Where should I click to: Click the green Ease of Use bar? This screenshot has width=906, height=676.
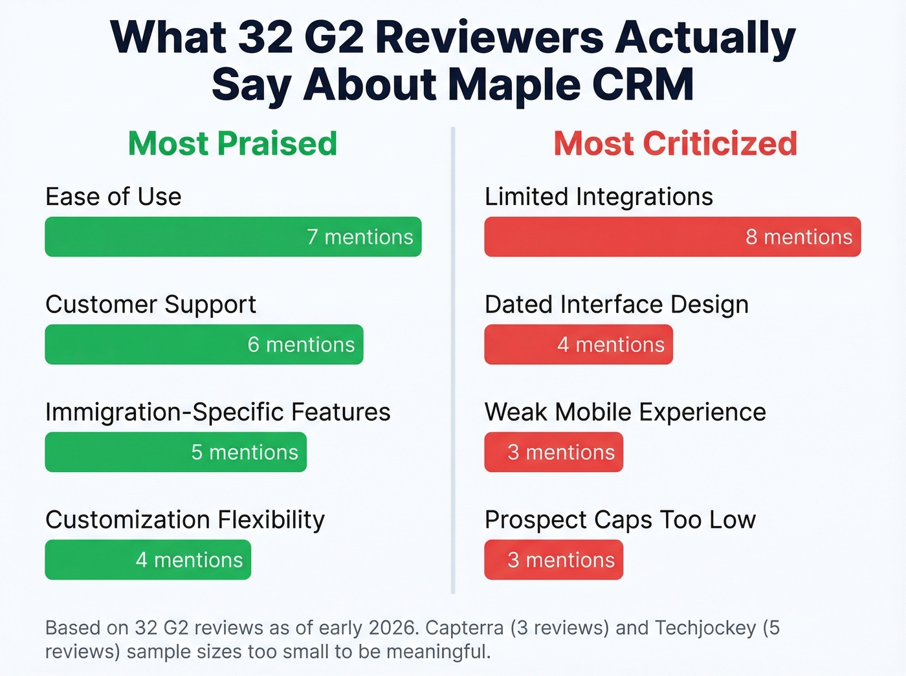[233, 237]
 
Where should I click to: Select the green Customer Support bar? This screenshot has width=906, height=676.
[204, 344]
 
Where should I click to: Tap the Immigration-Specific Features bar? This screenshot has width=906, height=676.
[175, 452]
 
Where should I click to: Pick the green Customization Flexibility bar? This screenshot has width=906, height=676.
[148, 560]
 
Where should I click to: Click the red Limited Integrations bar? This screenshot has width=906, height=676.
[672, 237]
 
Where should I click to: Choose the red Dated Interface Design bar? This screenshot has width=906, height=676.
[579, 344]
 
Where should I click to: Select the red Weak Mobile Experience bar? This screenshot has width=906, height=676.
[553, 452]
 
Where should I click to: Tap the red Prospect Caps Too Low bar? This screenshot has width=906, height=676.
[553, 560]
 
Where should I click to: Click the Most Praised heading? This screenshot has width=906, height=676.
[232, 144]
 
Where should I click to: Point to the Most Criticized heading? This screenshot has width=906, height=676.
[675, 144]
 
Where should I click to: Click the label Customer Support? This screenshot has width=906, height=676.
[151, 304]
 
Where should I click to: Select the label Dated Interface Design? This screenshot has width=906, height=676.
[616, 304]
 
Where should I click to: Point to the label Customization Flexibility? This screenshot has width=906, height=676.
[185, 519]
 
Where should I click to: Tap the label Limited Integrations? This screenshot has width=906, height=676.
[599, 197]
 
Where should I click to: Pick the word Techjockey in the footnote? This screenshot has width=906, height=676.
[705, 627]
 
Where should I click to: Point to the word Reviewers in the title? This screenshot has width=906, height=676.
[489, 38]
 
